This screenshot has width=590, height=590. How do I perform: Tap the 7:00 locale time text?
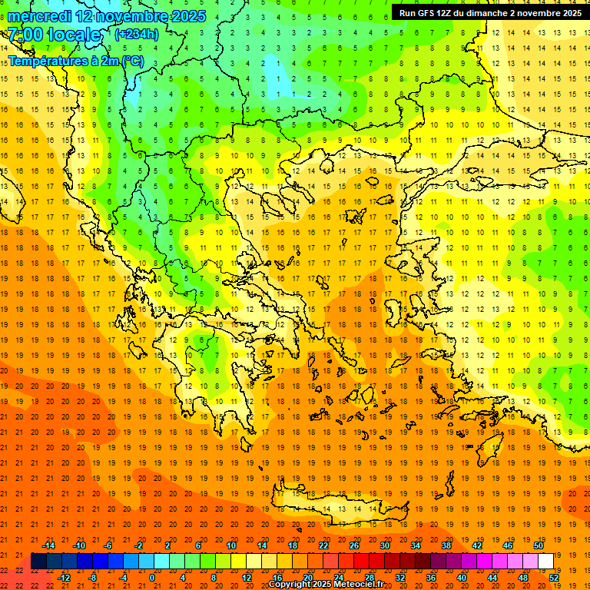coord(55,35)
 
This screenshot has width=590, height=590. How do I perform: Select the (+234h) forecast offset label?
coord(137,34)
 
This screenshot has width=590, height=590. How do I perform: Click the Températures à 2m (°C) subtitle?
coord(75,61)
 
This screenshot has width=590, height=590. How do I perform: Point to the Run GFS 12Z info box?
coord(490,13)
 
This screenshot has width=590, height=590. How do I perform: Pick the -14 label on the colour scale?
coord(48,545)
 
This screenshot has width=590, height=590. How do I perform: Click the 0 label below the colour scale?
coord(152,577)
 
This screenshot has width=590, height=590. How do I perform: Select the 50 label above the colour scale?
coord(538,545)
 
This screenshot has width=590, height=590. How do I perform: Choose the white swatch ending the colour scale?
coord(545,561)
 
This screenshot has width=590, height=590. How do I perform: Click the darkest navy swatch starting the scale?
coord(38,561)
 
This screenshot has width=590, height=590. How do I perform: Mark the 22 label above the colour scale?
coord(323,545)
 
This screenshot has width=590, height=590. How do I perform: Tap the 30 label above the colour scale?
coord(385,545)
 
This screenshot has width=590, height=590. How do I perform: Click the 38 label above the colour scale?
coord(446,545)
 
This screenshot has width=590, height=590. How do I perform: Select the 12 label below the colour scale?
coord(247,577)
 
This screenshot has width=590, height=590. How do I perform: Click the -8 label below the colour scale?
coord(93,577)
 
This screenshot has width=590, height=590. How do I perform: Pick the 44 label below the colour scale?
coord(493,577)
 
